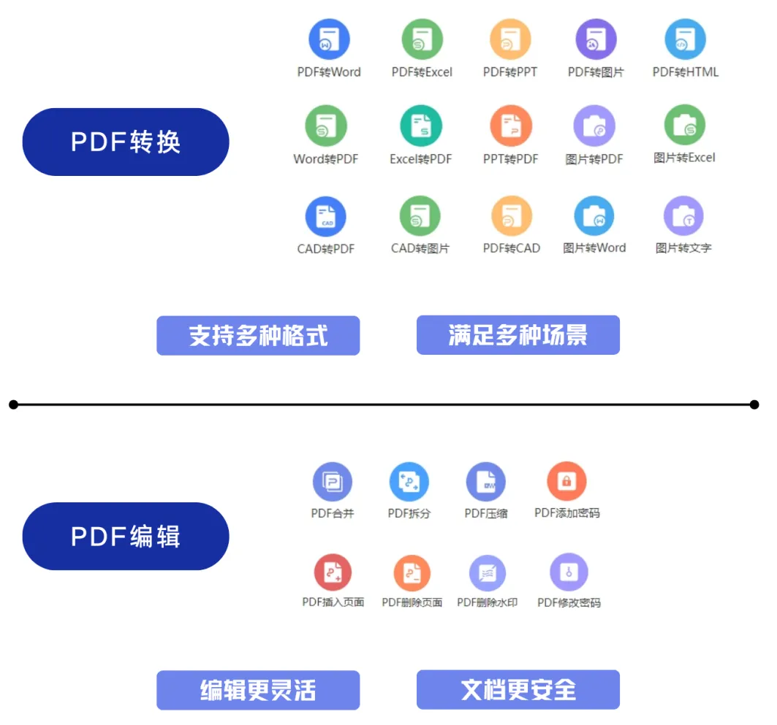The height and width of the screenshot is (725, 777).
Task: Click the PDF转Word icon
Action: pyautogui.click(x=329, y=39)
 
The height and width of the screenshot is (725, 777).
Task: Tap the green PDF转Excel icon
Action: pyautogui.click(x=422, y=39)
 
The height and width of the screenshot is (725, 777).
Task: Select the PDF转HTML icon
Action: pyautogui.click(x=685, y=39)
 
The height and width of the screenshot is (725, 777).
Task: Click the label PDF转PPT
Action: pyautogui.click(x=510, y=72)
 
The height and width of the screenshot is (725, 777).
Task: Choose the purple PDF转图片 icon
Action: pyautogui.click(x=596, y=39)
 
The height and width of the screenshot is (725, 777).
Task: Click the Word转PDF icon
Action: pyautogui.click(x=326, y=126)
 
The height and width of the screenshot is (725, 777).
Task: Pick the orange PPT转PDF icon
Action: pyautogui.click(x=510, y=126)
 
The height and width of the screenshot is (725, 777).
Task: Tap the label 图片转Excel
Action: pyautogui.click(x=684, y=158)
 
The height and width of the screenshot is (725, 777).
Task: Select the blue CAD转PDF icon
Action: pyautogui.click(x=326, y=216)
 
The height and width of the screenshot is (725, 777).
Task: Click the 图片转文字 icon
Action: pyautogui.click(x=683, y=216)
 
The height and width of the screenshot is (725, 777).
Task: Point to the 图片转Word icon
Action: pyautogui.click(x=594, y=216)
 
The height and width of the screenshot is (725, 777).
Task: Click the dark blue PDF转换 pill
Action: pyautogui.click(x=126, y=142)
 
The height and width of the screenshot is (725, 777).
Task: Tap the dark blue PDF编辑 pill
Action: pyautogui.click(x=126, y=536)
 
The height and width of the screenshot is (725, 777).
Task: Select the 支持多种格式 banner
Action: pyautogui.click(x=258, y=336)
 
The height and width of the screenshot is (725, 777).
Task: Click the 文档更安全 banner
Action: pyautogui.click(x=518, y=689)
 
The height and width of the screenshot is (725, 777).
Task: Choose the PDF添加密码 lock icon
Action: pyautogui.click(x=566, y=481)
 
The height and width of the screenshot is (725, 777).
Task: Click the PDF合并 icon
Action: pyautogui.click(x=333, y=482)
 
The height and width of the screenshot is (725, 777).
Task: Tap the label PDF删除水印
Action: pyautogui.click(x=487, y=602)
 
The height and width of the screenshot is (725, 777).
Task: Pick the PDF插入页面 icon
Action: pyautogui.click(x=333, y=572)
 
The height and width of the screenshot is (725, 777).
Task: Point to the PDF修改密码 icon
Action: pyautogui.click(x=569, y=572)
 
